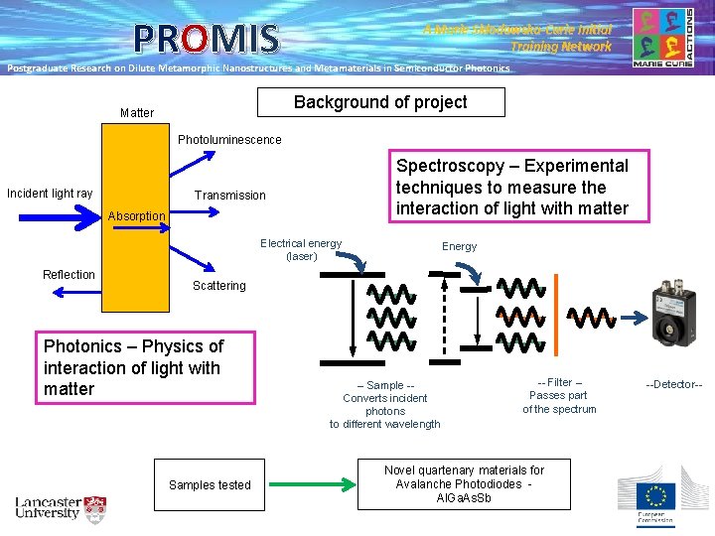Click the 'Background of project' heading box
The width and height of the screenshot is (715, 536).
point(380,102)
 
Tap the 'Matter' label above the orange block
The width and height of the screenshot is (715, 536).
point(137,113)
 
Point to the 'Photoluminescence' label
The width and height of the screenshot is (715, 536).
point(229,140)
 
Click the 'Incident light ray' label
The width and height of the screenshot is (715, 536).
point(50,193)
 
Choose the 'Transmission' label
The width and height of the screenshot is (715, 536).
point(230,196)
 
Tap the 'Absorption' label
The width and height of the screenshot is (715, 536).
point(137,216)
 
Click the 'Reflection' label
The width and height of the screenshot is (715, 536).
point(70,275)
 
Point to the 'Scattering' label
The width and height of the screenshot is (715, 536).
point(218,286)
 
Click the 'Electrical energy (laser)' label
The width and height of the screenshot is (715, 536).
point(301,250)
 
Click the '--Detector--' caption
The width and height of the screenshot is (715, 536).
point(673,383)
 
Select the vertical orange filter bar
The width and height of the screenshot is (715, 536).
point(556,314)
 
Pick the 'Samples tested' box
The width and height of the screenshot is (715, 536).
point(210,484)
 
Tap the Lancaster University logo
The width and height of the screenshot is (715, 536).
point(60,508)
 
